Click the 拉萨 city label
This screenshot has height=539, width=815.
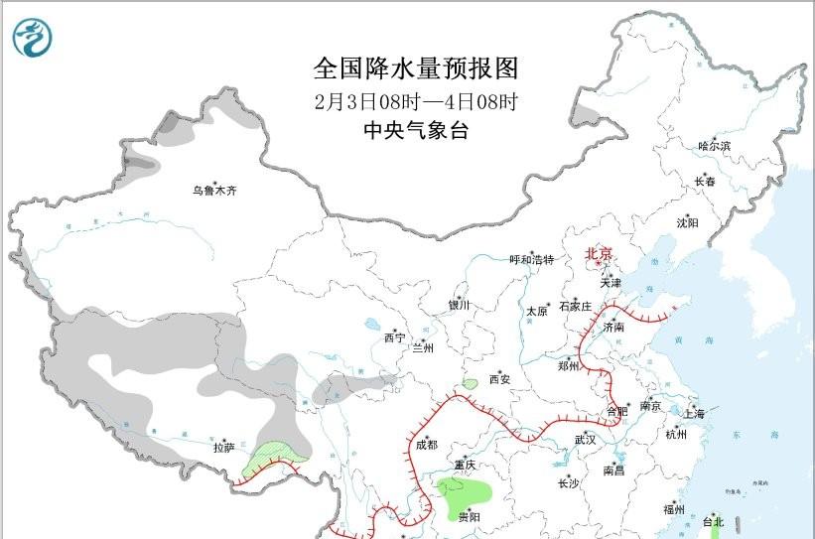click(x=223, y=448)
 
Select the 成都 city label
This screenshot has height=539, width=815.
click(x=426, y=445)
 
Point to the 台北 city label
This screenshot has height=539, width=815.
click(x=713, y=521)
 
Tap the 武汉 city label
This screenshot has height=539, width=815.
click(x=585, y=438)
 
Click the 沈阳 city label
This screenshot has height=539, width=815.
click(x=687, y=222)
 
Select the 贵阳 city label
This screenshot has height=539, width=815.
click(x=469, y=517)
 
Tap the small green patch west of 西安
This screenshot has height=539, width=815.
click(x=469, y=384)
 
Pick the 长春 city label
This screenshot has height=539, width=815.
click(x=704, y=182)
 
